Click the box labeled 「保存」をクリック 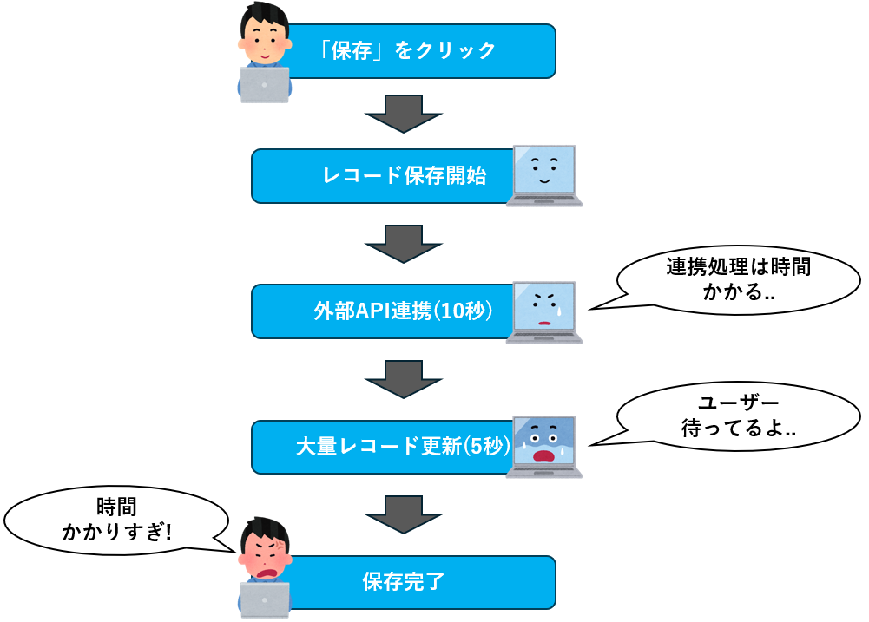(x=408, y=50)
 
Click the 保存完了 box (x=408, y=581)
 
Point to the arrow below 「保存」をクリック (x=404, y=113)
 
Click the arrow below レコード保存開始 (x=404, y=244)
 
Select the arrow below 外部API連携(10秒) (x=404, y=379)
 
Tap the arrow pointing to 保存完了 (x=404, y=514)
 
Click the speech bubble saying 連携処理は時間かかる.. (x=738, y=279)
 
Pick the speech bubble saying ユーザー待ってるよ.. (x=738, y=416)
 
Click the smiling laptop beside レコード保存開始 (x=544, y=174)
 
